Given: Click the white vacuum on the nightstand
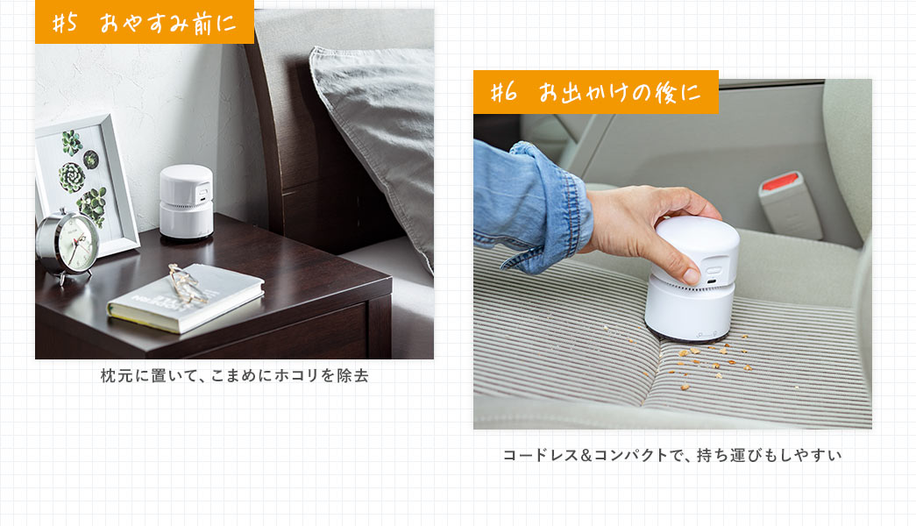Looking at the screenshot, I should [x=186, y=202].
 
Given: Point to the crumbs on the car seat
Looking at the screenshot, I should [x=701, y=359].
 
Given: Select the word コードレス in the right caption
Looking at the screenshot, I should [x=536, y=456].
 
